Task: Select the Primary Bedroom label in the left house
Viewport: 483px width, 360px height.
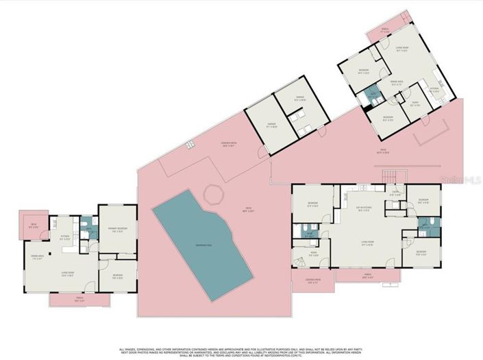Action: point(118,230)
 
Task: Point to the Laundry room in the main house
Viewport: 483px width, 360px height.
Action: point(395,194)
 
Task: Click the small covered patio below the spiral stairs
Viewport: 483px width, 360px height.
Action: point(312,282)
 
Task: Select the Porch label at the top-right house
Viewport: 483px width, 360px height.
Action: point(404,31)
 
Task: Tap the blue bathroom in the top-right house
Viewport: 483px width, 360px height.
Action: point(373,95)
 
